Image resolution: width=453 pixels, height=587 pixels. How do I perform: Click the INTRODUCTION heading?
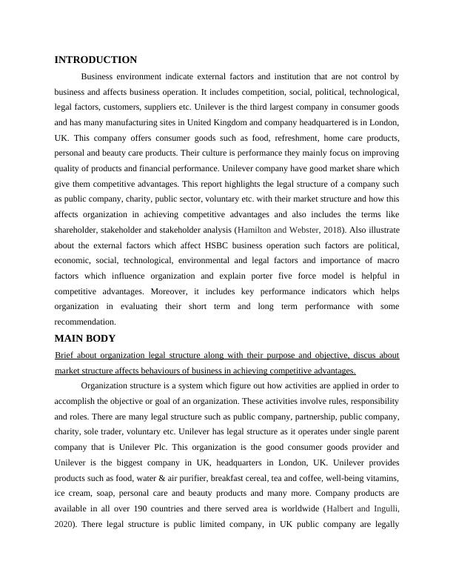pos(96,60)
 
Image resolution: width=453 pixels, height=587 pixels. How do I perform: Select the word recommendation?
pos(86,322)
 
